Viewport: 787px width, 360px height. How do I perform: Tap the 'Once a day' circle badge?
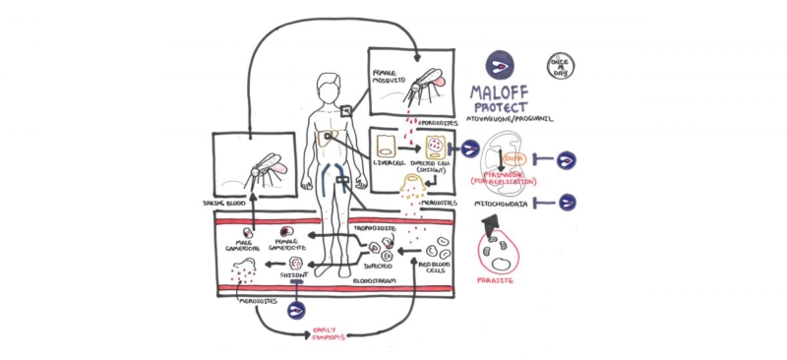tap(562, 65)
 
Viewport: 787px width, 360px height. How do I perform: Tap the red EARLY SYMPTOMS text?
tap(331, 334)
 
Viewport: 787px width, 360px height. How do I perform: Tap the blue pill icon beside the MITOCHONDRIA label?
tap(568, 203)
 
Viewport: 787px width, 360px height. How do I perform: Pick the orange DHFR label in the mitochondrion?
tap(514, 156)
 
